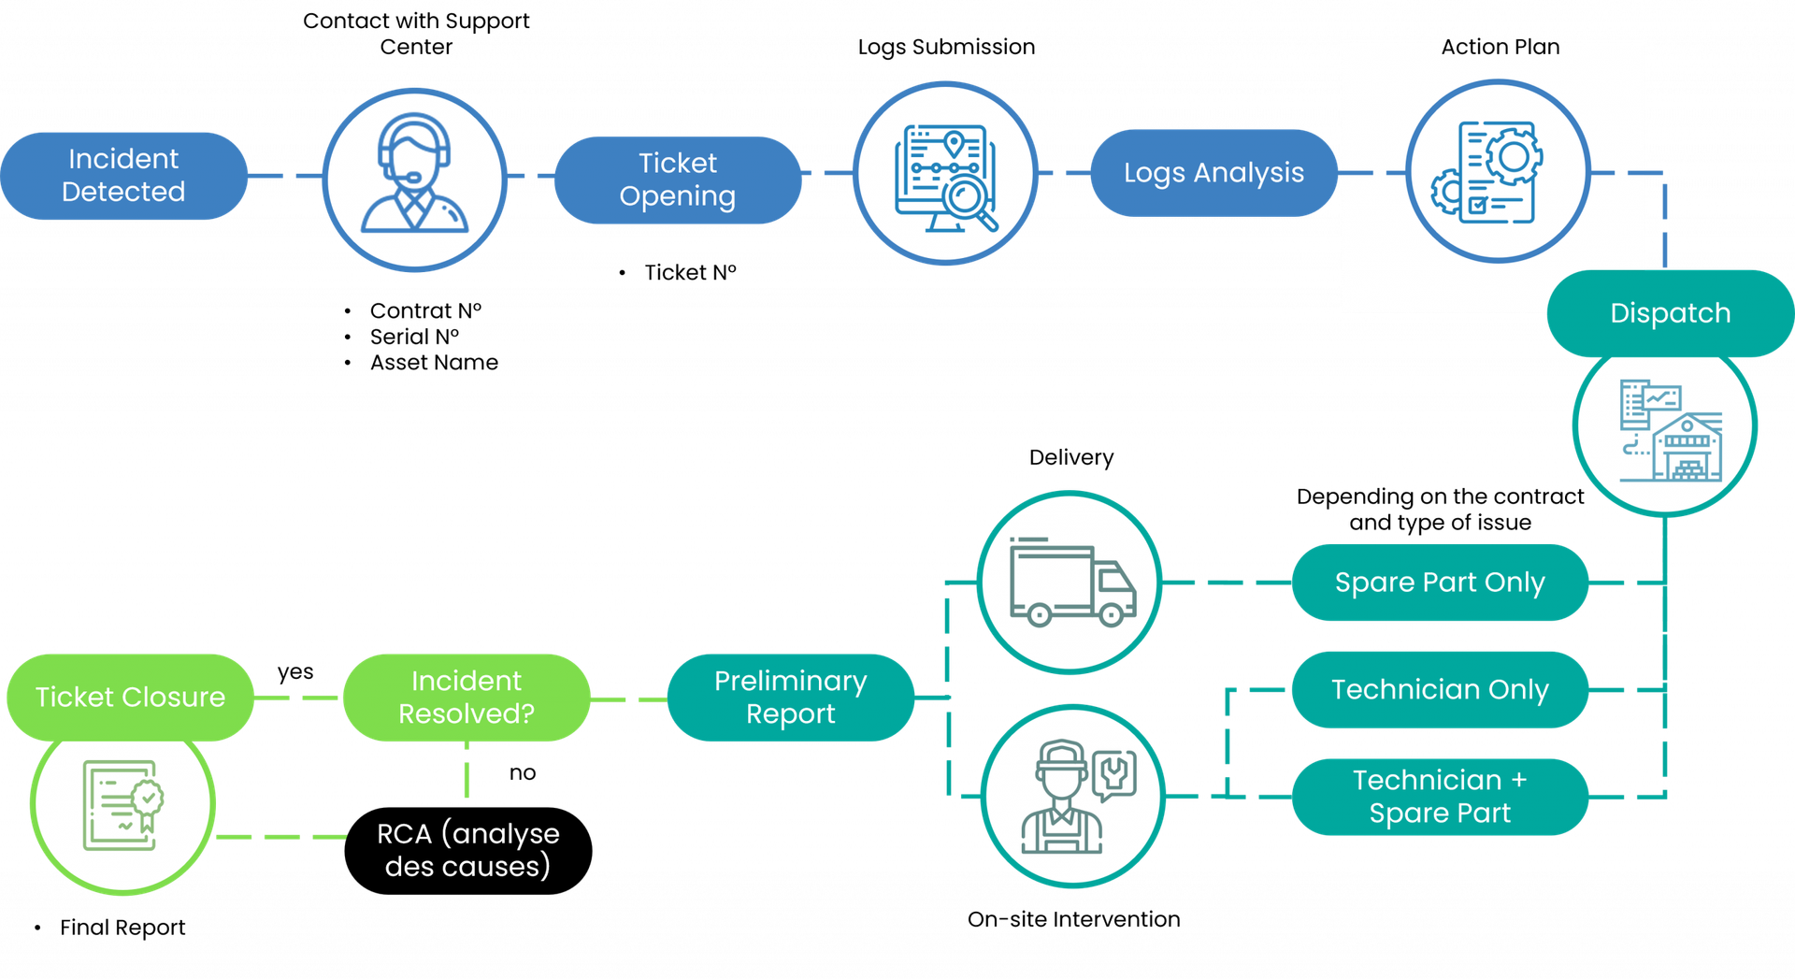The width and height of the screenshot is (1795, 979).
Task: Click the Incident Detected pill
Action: tap(123, 176)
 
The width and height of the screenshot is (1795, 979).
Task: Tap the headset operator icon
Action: tap(414, 178)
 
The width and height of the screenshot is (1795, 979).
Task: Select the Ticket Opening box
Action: tap(678, 180)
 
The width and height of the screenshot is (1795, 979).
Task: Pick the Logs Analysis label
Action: tap(1213, 173)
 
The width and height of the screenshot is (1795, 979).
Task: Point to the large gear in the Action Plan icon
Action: tap(1513, 155)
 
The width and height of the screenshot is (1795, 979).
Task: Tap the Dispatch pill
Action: tap(1670, 313)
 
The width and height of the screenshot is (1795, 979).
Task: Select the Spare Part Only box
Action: tap(1439, 583)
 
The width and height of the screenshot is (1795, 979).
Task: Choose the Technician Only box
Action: tap(1439, 690)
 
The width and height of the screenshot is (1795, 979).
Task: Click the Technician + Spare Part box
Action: tap(1439, 797)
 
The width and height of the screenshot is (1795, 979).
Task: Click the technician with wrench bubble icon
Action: tap(1072, 797)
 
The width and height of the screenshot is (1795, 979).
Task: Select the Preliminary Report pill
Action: tap(790, 698)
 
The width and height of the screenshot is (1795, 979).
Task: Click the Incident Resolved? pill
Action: tap(466, 698)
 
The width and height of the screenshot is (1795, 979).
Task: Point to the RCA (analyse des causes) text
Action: tap(467, 850)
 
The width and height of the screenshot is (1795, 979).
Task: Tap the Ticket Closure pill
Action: tap(130, 698)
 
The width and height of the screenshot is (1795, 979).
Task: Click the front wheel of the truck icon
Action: tap(1111, 615)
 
